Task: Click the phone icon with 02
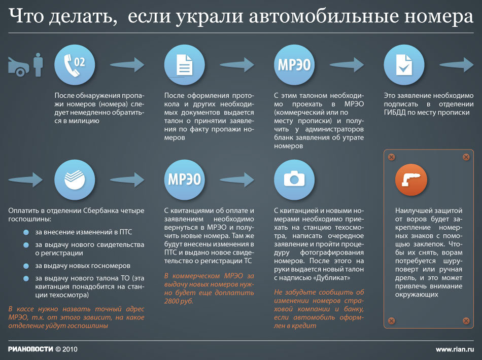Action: (75, 64)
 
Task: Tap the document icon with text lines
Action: (185, 64)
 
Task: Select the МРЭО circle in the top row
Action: (294, 64)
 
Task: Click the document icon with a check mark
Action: (404, 64)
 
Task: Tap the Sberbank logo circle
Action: (75, 179)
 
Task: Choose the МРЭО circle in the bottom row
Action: (185, 179)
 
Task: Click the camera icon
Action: (294, 179)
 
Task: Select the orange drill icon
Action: (411, 179)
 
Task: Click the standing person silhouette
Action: (39, 64)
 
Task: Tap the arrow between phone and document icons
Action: (127, 64)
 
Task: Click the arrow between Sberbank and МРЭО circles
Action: (127, 179)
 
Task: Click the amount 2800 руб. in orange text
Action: (179, 301)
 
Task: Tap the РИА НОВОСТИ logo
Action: (30, 349)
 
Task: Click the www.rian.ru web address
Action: (455, 349)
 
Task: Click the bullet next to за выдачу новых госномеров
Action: (26, 266)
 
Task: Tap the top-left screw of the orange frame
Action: (391, 157)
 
